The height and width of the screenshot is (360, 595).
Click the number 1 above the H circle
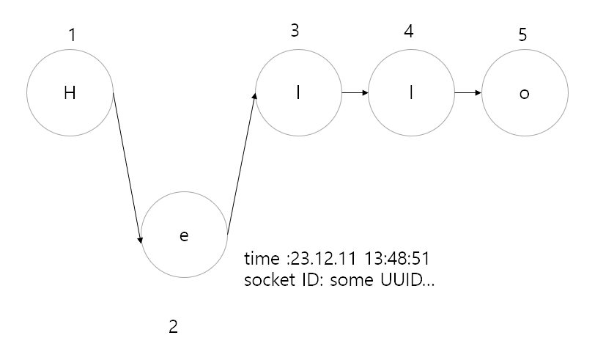pos(71,34)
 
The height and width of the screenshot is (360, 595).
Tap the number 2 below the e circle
pos(173,326)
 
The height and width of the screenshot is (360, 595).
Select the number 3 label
pos(295,30)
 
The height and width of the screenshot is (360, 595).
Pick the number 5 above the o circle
pos(522,35)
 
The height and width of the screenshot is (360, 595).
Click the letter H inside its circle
pos(70,94)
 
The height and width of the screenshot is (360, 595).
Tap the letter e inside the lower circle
pos(184,235)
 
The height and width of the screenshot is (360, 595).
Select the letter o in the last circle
pos(523,95)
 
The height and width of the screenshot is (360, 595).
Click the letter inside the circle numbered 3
pos(297,94)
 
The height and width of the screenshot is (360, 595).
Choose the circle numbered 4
pos(411,93)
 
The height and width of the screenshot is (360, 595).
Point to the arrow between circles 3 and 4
pos(354,93)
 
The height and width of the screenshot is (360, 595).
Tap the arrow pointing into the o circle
pos(467,93)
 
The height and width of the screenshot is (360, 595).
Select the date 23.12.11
pos(316,260)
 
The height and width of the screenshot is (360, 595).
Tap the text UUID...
pos(400,281)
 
